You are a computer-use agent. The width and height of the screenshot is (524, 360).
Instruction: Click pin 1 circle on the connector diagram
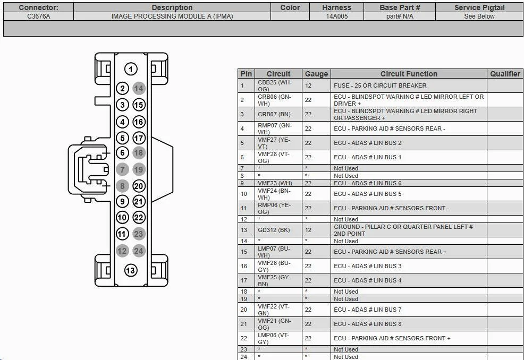click(x=131, y=69)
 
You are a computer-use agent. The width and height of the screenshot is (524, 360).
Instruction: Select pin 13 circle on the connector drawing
click(x=131, y=270)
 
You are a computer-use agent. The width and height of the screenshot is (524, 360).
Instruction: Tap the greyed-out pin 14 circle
click(x=139, y=89)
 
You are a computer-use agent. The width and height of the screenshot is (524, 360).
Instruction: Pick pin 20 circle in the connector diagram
click(x=139, y=186)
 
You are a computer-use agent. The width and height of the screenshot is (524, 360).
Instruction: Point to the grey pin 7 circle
click(x=122, y=170)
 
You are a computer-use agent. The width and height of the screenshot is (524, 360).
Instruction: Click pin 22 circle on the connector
click(x=139, y=218)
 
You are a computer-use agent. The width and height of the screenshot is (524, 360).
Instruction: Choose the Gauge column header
click(x=316, y=74)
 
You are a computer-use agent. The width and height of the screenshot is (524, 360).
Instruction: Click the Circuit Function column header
click(x=409, y=74)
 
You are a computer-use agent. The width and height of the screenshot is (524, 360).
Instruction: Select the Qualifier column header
click(x=505, y=74)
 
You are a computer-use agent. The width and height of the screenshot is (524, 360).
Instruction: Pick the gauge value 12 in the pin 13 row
click(x=308, y=230)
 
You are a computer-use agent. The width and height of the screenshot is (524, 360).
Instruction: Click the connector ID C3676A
click(x=38, y=16)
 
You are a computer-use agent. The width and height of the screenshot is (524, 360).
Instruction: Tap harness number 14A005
click(x=336, y=16)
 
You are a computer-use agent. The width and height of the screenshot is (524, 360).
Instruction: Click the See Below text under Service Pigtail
click(x=479, y=16)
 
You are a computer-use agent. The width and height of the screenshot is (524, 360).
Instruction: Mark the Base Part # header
click(x=400, y=7)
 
